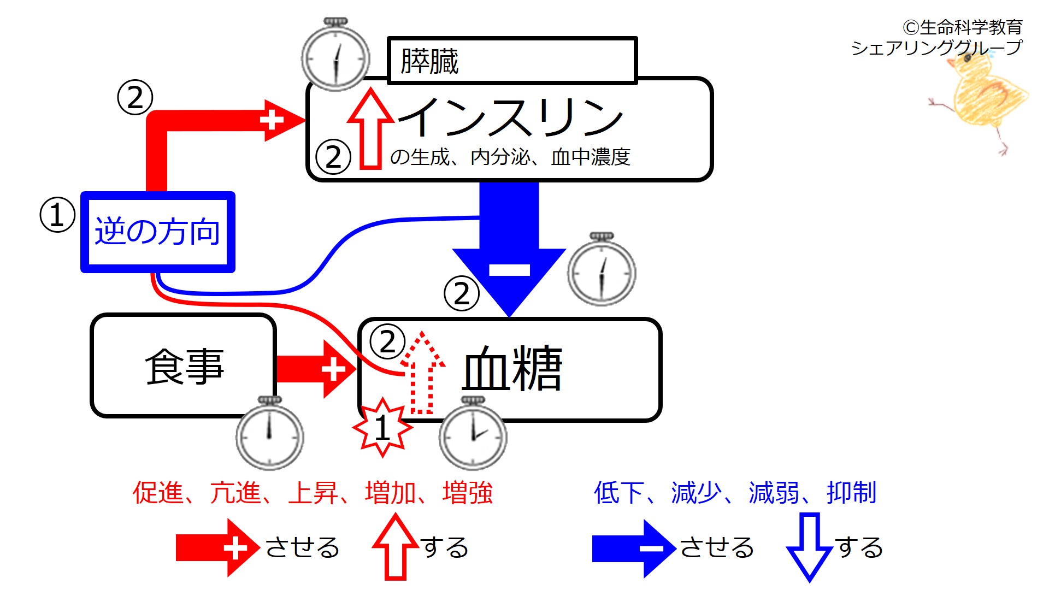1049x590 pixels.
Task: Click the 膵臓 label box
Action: coord(512,61)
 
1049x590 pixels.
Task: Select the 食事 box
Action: coord(184,366)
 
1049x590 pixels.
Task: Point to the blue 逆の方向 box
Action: coord(158,232)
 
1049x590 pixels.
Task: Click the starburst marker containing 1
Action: coord(382,427)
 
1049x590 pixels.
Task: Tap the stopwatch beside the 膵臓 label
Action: coord(335,55)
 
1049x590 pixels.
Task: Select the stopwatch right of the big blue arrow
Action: coord(602,269)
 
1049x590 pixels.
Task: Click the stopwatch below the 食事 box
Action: coord(269,433)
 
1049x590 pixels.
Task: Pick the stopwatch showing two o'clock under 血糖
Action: coord(473,433)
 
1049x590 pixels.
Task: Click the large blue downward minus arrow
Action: coord(509,249)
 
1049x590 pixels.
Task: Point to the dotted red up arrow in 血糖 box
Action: coord(422,373)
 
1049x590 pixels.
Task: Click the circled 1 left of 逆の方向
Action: coord(57,215)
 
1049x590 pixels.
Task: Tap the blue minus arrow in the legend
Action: coord(634,548)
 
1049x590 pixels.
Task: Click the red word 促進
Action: coord(158,492)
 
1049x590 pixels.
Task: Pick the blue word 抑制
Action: coord(852,492)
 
